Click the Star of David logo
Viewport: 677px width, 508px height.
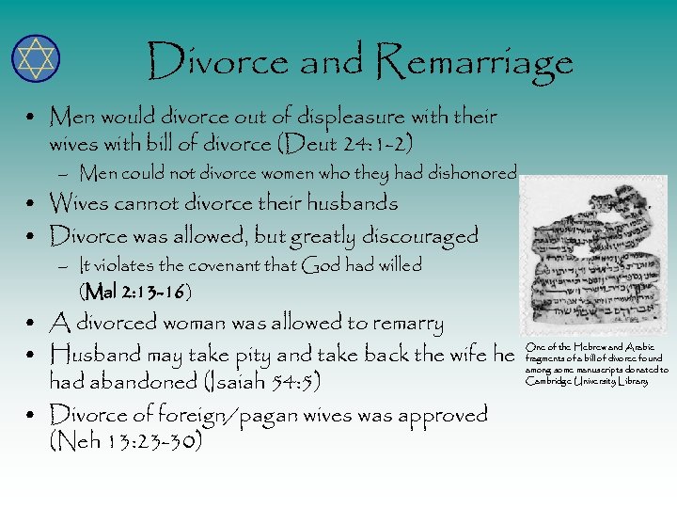click(x=36, y=58)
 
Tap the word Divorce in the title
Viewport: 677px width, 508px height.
click(x=218, y=62)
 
